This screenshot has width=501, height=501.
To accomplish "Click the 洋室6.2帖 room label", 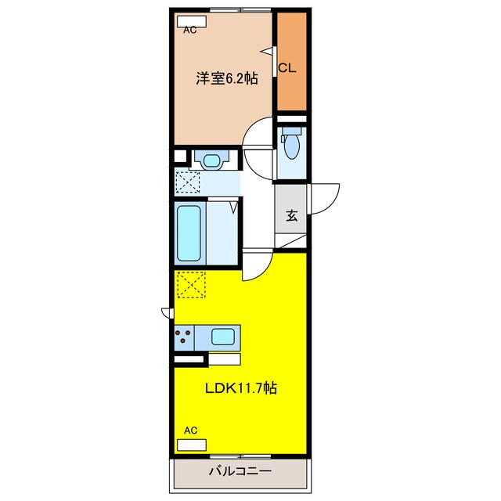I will click(x=226, y=77).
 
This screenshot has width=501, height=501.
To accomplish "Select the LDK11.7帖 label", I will click(x=241, y=387).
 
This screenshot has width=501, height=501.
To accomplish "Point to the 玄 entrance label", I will click(x=290, y=215).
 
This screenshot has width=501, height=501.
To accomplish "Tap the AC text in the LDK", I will click(x=189, y=431).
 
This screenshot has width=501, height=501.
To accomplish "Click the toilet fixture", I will click(x=291, y=144).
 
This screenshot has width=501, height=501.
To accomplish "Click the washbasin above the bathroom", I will click(x=211, y=160).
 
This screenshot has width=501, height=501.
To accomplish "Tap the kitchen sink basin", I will click(x=223, y=338).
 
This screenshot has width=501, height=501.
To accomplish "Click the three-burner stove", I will click(x=185, y=337).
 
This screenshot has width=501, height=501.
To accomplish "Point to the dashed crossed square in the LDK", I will click(x=190, y=285).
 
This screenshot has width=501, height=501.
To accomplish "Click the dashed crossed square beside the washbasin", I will click(x=188, y=182).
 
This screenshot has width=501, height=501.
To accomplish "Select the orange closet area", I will click(x=291, y=62).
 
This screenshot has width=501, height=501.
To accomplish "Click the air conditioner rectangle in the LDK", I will click(x=193, y=444).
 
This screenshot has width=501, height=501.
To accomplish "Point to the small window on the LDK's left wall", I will click(x=167, y=313).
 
